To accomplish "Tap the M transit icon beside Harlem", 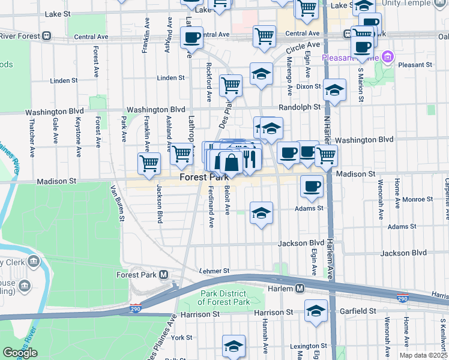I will pos(299,289).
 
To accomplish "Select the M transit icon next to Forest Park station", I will pos(163,275).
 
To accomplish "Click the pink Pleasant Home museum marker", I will pos(388,58).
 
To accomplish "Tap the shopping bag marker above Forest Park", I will pos(231,162).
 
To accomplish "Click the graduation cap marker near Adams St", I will pos(261,214).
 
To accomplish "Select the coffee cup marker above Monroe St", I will pos(312,187).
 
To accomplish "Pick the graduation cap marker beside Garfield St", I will pos(316,311).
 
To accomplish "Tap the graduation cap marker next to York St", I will pos(234,346).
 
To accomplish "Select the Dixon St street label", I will pos(309,86).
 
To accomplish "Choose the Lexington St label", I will pos(307,346).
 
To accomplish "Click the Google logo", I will pos(20,353).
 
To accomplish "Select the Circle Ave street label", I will pos(303,46).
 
